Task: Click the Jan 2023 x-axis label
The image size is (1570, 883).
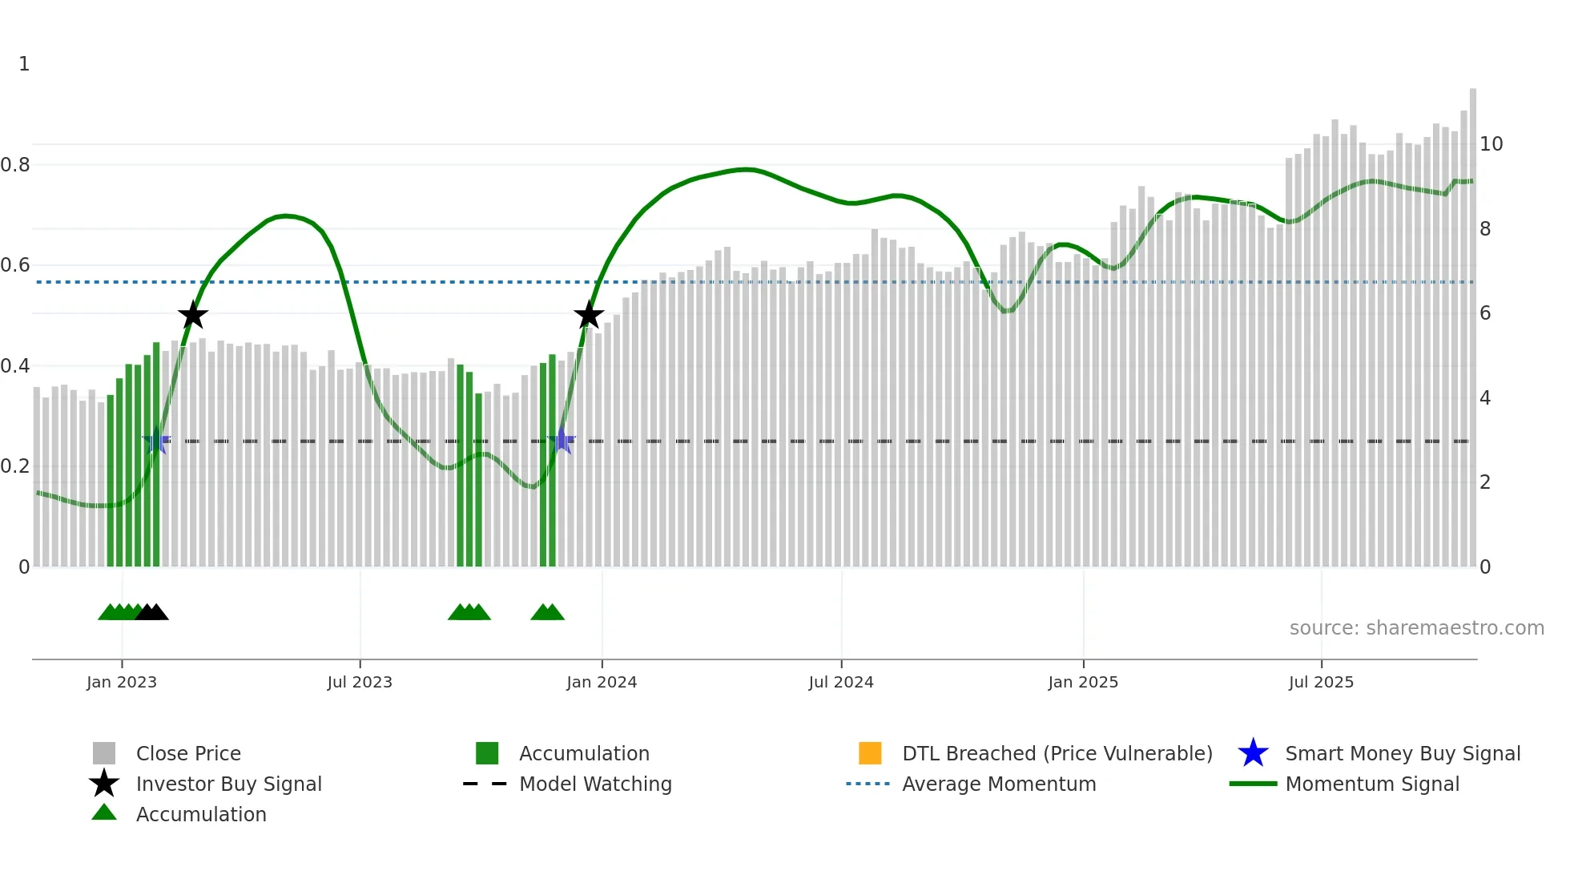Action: [122, 682]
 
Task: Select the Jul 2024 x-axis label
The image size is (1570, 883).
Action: [841, 682]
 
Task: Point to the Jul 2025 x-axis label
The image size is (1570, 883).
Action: [1321, 682]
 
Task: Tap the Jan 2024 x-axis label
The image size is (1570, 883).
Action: [602, 682]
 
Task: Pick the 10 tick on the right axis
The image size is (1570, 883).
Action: [1491, 144]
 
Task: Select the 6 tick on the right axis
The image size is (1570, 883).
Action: [1485, 313]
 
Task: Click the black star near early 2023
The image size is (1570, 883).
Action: [192, 316]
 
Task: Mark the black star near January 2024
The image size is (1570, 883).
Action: [589, 316]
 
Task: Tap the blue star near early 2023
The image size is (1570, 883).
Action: [156, 441]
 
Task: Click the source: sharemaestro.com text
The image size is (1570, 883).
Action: [1416, 628]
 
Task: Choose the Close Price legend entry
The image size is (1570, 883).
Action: [188, 753]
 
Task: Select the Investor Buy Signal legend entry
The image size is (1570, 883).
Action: [228, 784]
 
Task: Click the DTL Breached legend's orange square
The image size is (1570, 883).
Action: [870, 753]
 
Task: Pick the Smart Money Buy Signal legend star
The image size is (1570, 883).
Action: [1253, 753]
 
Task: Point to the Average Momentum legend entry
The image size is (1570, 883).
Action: [999, 784]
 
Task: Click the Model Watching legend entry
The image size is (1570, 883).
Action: [595, 784]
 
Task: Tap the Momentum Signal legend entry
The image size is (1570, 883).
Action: [1372, 784]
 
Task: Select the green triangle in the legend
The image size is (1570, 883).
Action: [104, 813]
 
